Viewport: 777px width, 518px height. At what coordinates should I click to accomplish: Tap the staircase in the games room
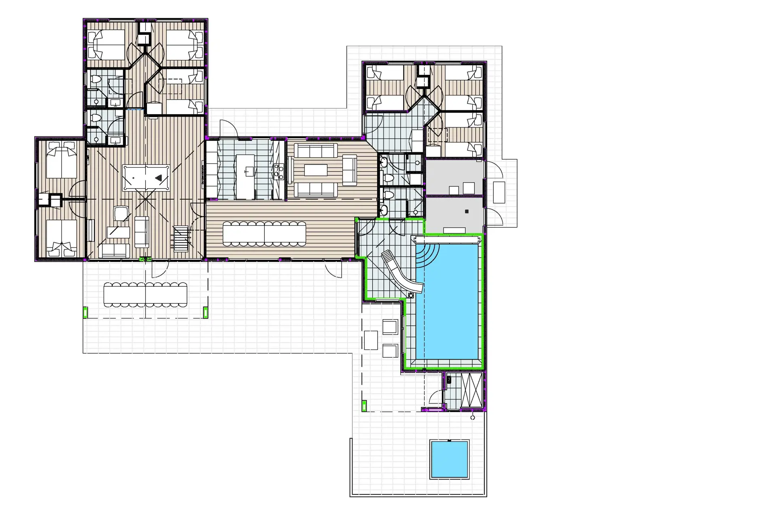click(181, 239)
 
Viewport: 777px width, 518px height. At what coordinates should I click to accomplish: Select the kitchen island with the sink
click(245, 177)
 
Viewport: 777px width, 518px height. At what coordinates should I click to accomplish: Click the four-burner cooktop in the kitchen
click(278, 172)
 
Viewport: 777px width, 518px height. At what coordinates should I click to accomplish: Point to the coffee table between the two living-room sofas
click(316, 170)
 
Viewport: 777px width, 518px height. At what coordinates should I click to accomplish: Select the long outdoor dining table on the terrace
click(145, 294)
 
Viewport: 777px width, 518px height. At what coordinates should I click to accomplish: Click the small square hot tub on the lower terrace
click(449, 459)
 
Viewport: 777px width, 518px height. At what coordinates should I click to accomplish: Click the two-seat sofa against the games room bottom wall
click(114, 251)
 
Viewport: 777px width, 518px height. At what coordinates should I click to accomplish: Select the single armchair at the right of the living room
click(350, 171)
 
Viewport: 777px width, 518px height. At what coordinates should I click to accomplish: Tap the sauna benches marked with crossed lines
click(471, 390)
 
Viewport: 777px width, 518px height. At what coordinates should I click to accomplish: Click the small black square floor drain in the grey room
click(467, 211)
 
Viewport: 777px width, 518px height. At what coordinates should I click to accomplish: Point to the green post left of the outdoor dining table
click(85, 312)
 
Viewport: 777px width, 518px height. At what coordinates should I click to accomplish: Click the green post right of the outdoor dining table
click(206, 312)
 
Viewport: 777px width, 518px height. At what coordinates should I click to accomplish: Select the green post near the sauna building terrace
click(364, 405)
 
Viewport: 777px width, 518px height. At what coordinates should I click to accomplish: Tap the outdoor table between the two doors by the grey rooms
click(499, 192)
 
